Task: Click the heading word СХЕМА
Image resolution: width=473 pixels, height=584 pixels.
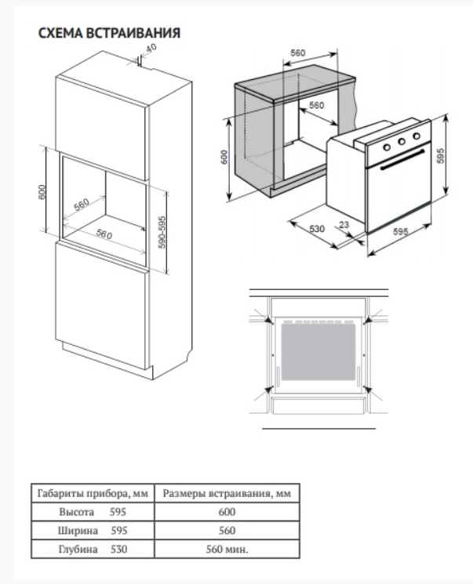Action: [60, 33]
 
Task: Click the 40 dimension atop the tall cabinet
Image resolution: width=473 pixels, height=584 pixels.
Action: [151, 48]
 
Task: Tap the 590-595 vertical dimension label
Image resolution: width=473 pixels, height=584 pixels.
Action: [162, 232]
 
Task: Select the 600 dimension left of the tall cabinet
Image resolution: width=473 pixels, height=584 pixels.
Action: [42, 192]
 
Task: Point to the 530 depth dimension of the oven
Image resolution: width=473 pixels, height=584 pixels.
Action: [317, 228]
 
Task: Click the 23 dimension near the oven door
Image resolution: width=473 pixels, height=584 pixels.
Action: [344, 225]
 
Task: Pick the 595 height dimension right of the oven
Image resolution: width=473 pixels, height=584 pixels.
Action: [440, 156]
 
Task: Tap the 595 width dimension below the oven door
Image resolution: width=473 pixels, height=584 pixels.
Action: [401, 232]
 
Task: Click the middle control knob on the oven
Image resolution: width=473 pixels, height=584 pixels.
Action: [402, 142]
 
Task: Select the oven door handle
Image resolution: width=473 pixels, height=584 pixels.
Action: [402, 159]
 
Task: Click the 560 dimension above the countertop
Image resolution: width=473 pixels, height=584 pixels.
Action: [298, 53]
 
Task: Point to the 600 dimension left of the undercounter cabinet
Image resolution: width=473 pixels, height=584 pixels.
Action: [224, 158]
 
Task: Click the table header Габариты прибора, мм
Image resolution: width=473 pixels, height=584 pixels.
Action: [93, 494]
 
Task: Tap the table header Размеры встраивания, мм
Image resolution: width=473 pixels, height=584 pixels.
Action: [227, 494]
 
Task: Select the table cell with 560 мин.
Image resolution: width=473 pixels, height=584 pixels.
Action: [227, 549]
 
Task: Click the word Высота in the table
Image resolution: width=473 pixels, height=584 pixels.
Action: [76, 512]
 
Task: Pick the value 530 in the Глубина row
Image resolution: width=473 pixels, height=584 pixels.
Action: [118, 549]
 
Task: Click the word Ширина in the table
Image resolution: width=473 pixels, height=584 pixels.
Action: [78, 531]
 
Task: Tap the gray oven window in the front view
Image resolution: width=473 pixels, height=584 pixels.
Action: [318, 351]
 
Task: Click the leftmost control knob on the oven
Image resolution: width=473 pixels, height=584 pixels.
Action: [387, 147]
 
